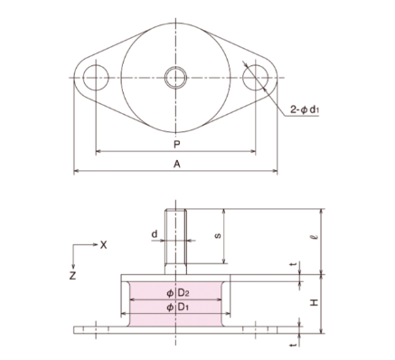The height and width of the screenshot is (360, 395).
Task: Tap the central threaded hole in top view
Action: [x=175, y=78]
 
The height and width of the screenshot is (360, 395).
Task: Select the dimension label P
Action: [x=177, y=145]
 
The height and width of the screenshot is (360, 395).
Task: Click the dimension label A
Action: [x=177, y=165]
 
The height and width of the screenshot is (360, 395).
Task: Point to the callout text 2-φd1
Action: [x=305, y=109]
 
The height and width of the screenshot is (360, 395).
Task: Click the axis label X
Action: [x=103, y=245]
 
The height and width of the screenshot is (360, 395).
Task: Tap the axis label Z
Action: [x=72, y=276]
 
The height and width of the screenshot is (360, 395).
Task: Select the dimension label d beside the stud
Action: [x=155, y=234]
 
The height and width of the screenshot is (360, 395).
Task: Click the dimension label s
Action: [x=218, y=235]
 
